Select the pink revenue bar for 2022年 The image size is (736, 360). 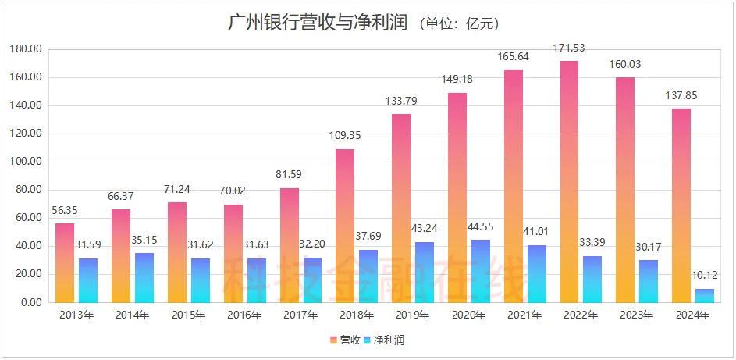pos(570,181)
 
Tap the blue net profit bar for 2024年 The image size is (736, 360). pos(705,295)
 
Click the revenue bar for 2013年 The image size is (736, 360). pos(65,262)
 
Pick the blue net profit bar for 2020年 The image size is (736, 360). pos(481,270)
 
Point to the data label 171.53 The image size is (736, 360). pos(570,50)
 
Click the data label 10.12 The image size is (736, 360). pos(706,278)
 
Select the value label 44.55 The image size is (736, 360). pos(481,229)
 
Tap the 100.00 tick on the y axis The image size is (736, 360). pos(27,162)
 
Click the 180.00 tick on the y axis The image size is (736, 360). pos(27,49)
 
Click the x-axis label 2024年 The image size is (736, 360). pos(692,315)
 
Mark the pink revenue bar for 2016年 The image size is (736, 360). pos(233,253)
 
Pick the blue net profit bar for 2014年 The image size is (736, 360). pos(144,277)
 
